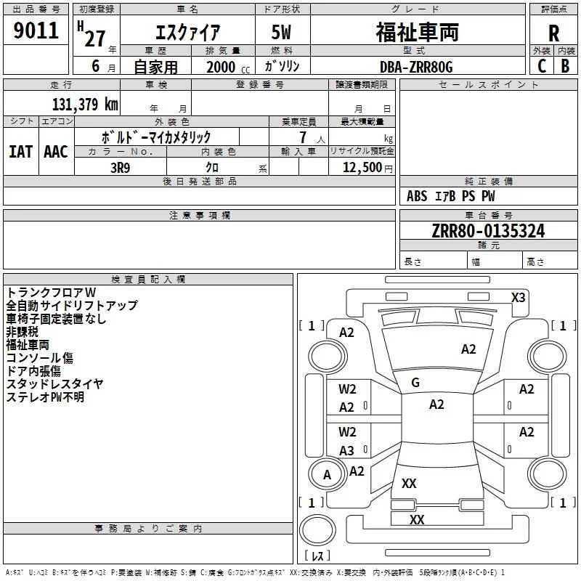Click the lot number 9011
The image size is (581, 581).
[x=36, y=31]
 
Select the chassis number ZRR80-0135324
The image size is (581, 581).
[x=488, y=231]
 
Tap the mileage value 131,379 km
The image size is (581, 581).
[x=85, y=105]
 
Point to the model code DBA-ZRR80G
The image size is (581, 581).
[x=416, y=67]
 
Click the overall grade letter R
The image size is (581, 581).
[x=553, y=33]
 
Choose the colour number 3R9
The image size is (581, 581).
[x=121, y=168]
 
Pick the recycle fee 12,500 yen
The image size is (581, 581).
[x=367, y=168]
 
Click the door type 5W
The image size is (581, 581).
[x=281, y=32]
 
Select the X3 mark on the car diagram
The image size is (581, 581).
[x=518, y=298]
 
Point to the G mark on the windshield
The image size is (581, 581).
[x=415, y=383]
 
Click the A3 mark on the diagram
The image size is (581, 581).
[x=346, y=451]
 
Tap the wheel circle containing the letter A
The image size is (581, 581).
[x=327, y=475]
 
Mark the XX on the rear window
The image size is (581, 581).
[x=409, y=483]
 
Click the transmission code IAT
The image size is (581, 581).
[x=20, y=152]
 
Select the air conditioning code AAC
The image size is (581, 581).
[x=56, y=152]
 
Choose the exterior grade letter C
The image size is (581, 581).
[x=542, y=66]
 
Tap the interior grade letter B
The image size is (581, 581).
[x=565, y=66]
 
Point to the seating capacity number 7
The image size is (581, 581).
[x=303, y=137]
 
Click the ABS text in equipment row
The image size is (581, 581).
[x=417, y=196]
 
